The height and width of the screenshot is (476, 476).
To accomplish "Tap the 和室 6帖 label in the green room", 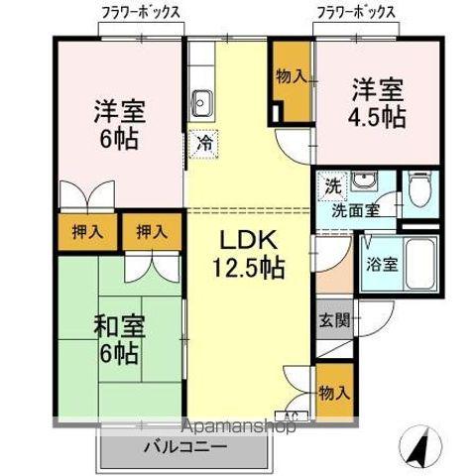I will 119,338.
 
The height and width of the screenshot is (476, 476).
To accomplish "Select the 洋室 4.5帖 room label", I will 377,103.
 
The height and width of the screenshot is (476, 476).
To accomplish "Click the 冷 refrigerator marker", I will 202,144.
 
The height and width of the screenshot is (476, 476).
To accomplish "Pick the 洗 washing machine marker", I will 333,185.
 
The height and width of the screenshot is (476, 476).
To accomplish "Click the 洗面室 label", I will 353,209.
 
